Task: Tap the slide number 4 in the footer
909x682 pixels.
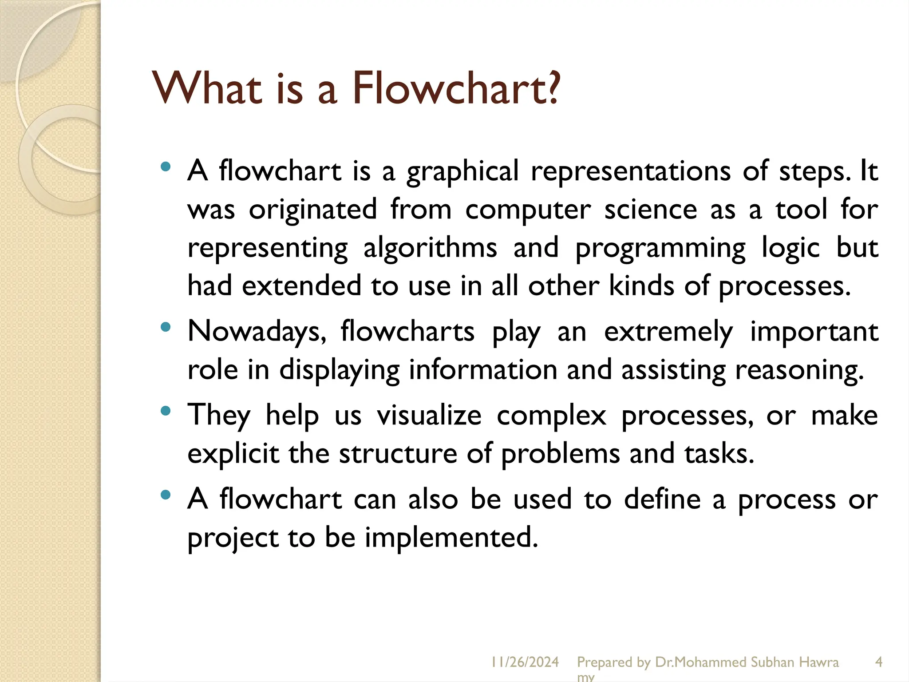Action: click(x=878, y=662)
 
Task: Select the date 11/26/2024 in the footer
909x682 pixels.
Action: click(x=525, y=662)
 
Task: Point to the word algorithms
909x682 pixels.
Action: click(x=430, y=248)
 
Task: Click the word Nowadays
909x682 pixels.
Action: click(x=257, y=332)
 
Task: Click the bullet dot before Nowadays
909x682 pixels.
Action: click(x=165, y=327)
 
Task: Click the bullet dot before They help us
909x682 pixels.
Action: click(x=165, y=411)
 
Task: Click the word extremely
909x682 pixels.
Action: click(x=668, y=332)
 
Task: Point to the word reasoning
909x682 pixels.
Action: click(x=799, y=370)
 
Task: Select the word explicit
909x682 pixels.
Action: click(x=233, y=454)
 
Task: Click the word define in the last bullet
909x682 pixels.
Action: click(x=662, y=499)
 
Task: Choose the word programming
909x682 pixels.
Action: click(x=660, y=249)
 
